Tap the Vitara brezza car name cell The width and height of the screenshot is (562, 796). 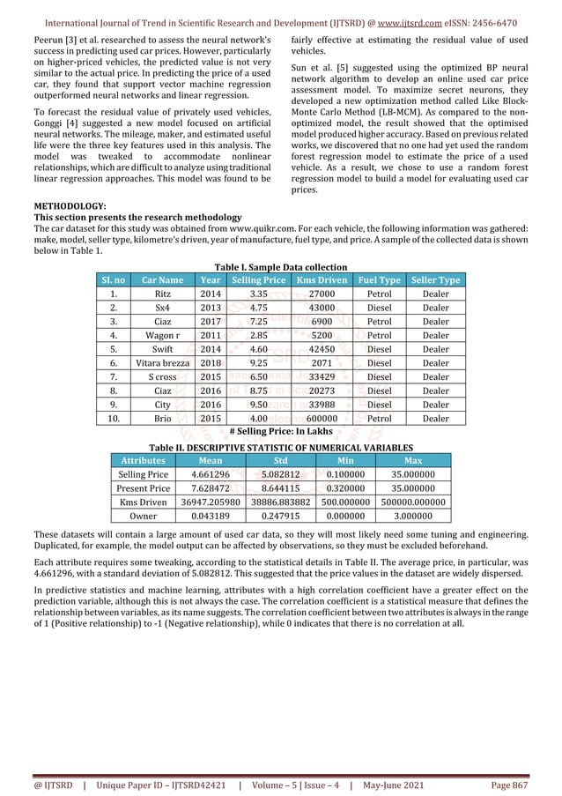click(x=162, y=362)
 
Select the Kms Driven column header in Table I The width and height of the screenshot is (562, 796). click(x=321, y=280)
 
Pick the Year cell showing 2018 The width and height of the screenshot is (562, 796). click(x=211, y=362)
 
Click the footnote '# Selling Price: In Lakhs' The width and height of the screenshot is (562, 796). click(x=281, y=431)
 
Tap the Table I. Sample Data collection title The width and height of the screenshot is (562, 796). click(x=281, y=267)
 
